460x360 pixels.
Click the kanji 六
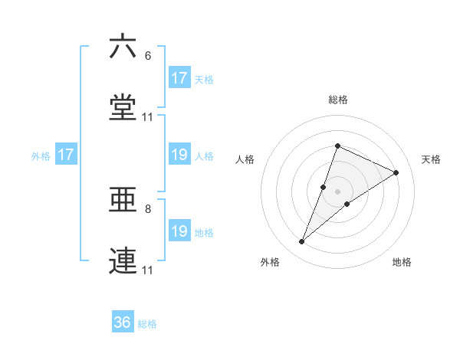click(x=123, y=47)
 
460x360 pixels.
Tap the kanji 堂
click(x=123, y=107)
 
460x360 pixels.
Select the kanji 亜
click(x=123, y=200)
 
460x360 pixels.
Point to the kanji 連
click(x=123, y=261)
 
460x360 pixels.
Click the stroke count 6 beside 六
click(x=148, y=56)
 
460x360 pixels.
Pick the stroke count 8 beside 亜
click(x=148, y=209)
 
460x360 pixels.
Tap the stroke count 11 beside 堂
click(x=148, y=117)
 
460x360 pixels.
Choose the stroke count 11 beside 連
click(x=148, y=270)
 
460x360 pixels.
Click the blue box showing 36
click(x=123, y=322)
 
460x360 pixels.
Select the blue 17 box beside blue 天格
click(x=179, y=78)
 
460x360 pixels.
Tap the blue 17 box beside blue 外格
click(x=66, y=155)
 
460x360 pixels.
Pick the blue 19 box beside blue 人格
click(x=179, y=155)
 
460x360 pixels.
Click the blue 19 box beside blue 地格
click(x=179, y=231)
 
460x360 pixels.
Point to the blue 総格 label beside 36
click(x=147, y=324)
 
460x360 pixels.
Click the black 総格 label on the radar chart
click(x=338, y=100)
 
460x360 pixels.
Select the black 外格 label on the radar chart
click(x=270, y=262)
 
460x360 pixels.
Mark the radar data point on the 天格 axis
click(x=396, y=172)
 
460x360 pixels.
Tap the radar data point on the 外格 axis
click(x=302, y=242)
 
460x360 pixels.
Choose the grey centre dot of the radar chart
click(x=338, y=191)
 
